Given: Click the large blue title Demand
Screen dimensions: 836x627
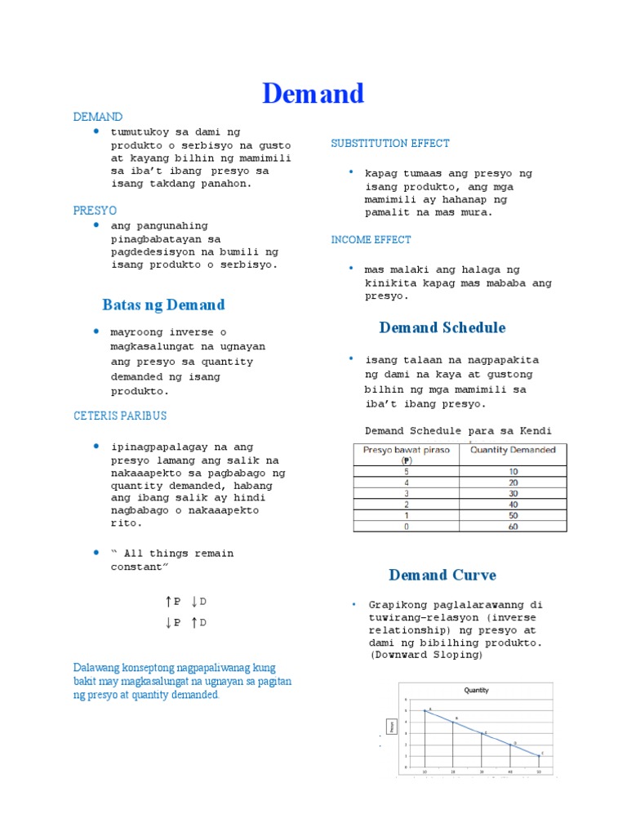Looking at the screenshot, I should pyautogui.click(x=313, y=94).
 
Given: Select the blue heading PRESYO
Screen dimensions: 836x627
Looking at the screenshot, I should pyautogui.click(x=96, y=211).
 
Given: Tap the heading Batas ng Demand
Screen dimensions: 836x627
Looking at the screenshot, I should pyautogui.click(x=163, y=305).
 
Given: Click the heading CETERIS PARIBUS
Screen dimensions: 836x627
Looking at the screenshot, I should pyautogui.click(x=119, y=416).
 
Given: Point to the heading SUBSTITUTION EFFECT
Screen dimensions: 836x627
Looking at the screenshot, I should pyautogui.click(x=390, y=144).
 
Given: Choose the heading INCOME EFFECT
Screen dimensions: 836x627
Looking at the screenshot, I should pyautogui.click(x=371, y=240).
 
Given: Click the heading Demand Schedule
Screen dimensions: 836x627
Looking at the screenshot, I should pyautogui.click(x=442, y=328).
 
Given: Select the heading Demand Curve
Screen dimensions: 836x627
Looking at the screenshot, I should pyautogui.click(x=442, y=576).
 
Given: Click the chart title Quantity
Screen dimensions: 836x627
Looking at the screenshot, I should pyautogui.click(x=476, y=690).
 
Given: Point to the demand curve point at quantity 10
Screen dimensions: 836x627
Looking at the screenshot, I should pyautogui.click(x=425, y=710).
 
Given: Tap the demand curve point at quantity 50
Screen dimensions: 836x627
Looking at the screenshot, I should pyautogui.click(x=539, y=755).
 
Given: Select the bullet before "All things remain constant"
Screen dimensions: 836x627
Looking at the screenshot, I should pyautogui.click(x=96, y=553).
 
